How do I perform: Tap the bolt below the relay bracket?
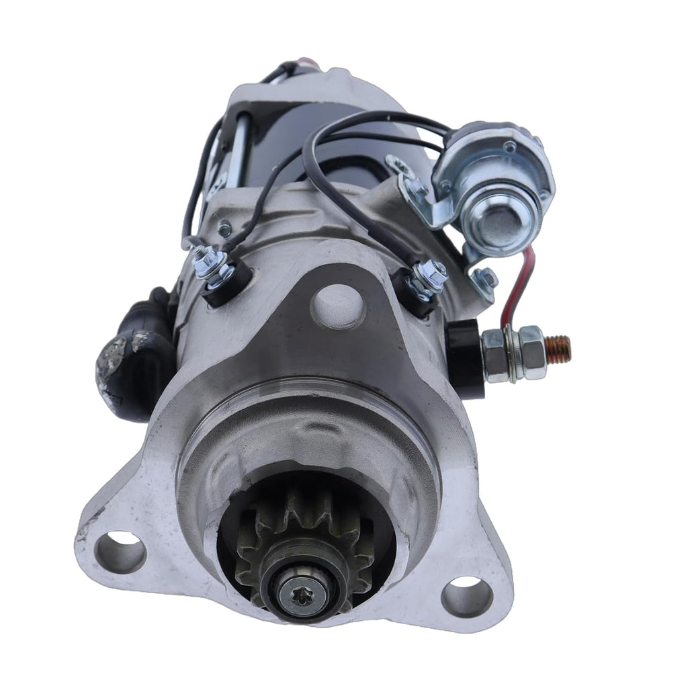pos(484,279)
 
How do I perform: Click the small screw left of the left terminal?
pos(224,230)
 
